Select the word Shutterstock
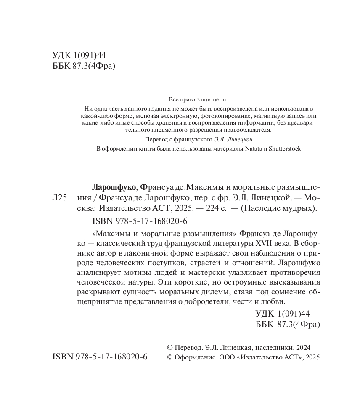285,149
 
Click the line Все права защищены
198,99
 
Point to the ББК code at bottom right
288,324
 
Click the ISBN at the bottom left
100,357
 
